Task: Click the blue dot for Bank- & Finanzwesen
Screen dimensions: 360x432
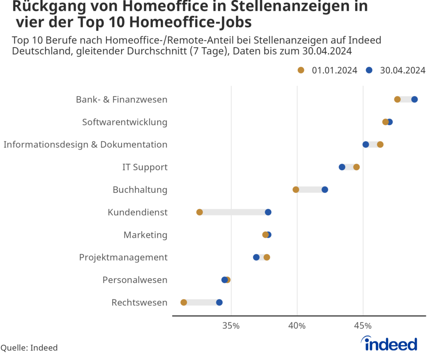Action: click(x=414, y=99)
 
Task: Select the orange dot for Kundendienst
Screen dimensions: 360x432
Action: click(x=200, y=212)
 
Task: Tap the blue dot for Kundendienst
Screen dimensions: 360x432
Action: click(x=268, y=212)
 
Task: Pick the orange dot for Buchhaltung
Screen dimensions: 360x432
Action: click(x=296, y=189)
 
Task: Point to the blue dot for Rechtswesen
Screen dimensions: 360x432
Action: click(x=219, y=302)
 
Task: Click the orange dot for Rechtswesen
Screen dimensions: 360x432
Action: click(x=184, y=302)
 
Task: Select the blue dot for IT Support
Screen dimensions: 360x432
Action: click(x=342, y=167)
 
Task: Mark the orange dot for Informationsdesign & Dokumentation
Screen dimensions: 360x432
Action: click(x=380, y=144)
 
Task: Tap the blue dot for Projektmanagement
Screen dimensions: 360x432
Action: click(x=256, y=257)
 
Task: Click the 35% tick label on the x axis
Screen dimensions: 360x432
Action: click(x=231, y=326)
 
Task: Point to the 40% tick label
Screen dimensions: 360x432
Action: click(x=297, y=326)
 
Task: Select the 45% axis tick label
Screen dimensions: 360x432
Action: click(x=363, y=326)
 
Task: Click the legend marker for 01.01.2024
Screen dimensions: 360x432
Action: click(x=301, y=70)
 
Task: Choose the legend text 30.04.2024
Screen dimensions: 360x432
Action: click(x=402, y=70)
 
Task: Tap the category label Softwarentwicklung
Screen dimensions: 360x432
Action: click(x=124, y=122)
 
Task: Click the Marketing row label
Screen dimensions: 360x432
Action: click(x=145, y=235)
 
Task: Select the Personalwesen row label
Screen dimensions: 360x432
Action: click(x=135, y=280)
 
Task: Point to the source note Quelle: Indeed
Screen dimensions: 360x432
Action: click(x=29, y=348)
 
